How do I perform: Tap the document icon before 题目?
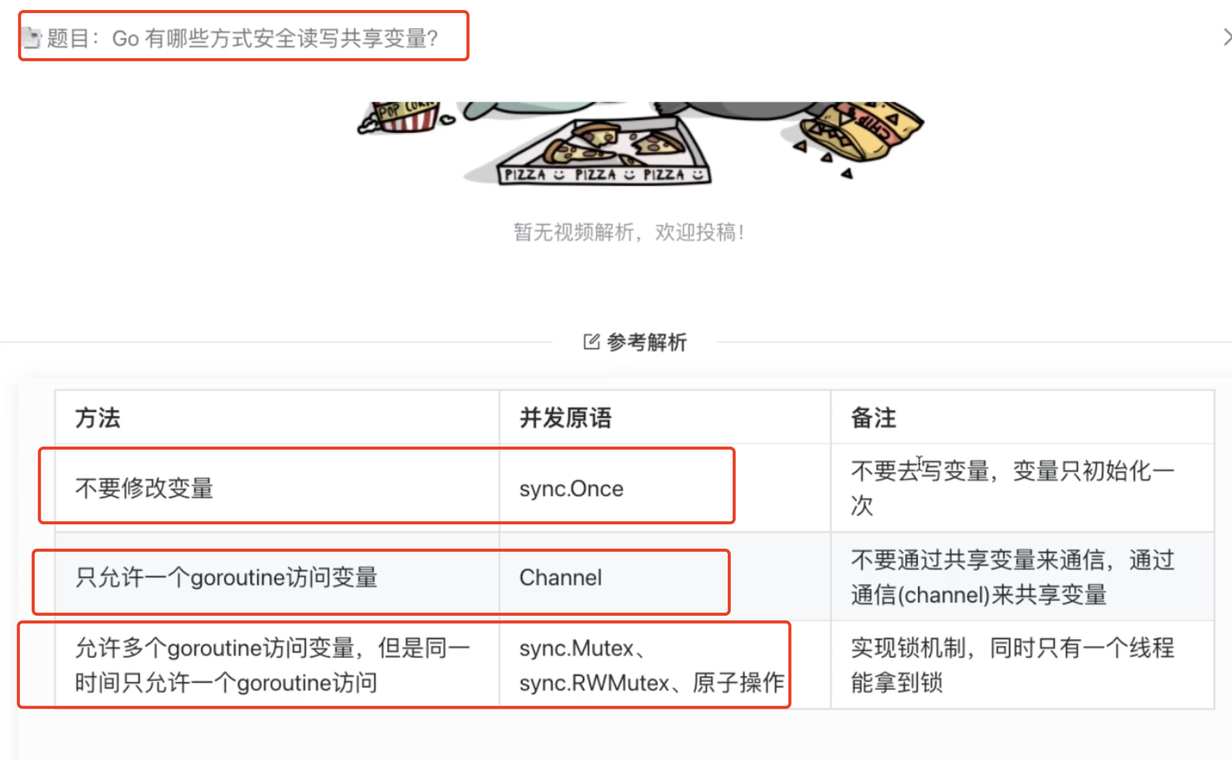pyautogui.click(x=32, y=38)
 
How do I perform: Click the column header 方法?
pyautogui.click(x=98, y=418)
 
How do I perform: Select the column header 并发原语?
pyautogui.click(x=566, y=418)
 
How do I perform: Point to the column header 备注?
pyautogui.click(x=873, y=418)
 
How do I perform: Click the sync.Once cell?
pyautogui.click(x=571, y=489)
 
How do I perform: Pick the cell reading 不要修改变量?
pyautogui.click(x=144, y=488)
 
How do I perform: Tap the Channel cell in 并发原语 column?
pyautogui.click(x=561, y=578)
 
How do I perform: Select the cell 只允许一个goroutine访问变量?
pyautogui.click(x=226, y=578)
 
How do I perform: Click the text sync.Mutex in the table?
pyautogui.click(x=577, y=649)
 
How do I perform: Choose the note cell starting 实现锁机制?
pyautogui.click(x=1012, y=665)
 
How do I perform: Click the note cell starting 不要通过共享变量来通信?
pyautogui.click(x=1012, y=577)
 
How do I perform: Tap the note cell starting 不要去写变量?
pyautogui.click(x=1012, y=488)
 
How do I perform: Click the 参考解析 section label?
pyautogui.click(x=646, y=342)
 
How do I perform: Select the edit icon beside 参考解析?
pyautogui.click(x=592, y=342)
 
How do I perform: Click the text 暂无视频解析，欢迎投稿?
pyautogui.click(x=629, y=233)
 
